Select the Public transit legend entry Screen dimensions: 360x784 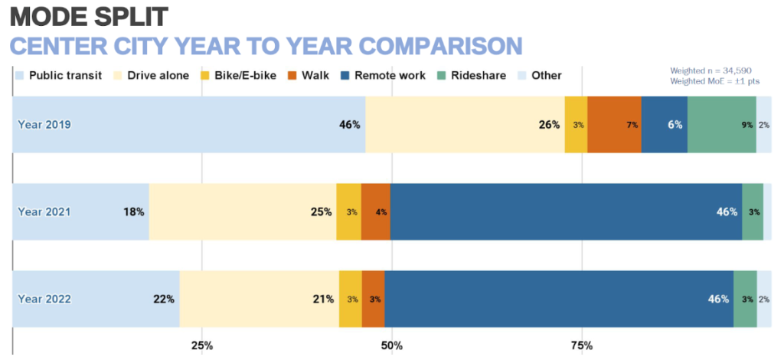(x=58, y=75)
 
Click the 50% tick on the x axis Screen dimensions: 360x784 (x=391, y=345)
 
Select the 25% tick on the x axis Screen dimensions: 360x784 (x=201, y=345)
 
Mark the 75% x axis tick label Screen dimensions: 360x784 (x=581, y=345)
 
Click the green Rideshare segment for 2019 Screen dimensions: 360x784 (x=721, y=125)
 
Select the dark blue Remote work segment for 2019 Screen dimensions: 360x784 (x=664, y=125)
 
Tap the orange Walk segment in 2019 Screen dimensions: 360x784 (x=614, y=125)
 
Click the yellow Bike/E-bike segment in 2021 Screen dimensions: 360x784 (x=348, y=212)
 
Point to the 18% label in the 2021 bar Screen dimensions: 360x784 (x=134, y=212)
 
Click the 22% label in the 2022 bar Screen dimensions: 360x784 (x=164, y=299)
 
